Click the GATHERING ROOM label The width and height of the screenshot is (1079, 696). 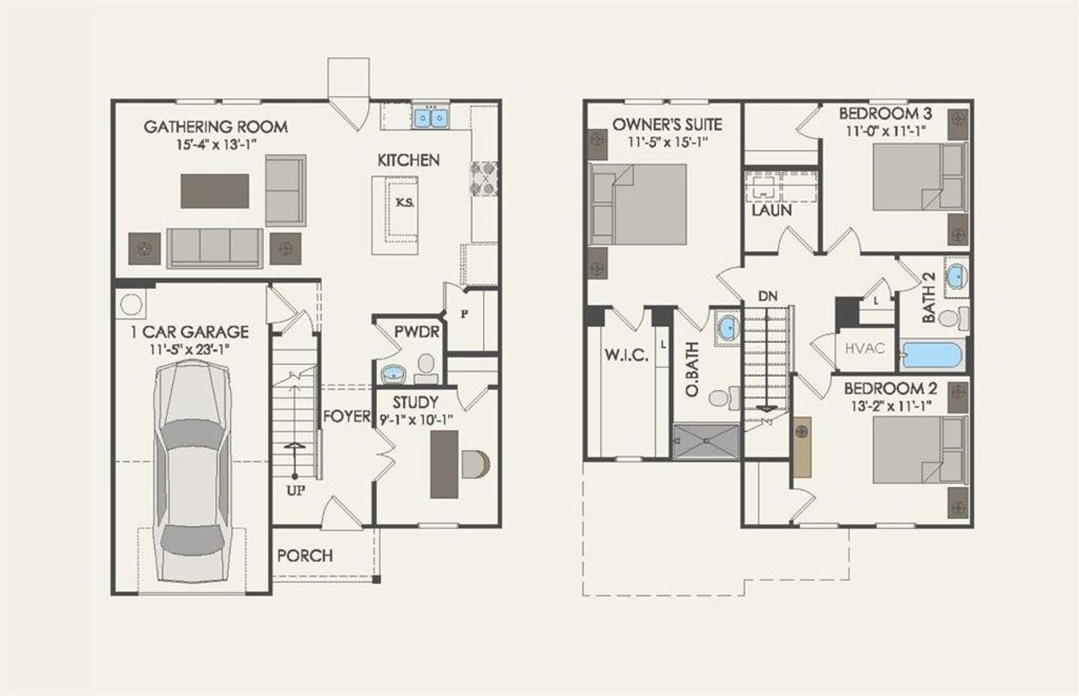[216, 127]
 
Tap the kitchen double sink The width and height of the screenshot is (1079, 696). [430, 117]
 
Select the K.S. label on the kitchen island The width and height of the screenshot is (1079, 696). [405, 203]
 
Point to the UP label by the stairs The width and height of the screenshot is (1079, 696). [295, 489]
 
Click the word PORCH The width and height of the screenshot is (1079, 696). [304, 555]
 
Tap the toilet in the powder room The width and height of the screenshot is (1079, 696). [427, 364]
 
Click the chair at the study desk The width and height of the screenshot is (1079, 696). [475, 464]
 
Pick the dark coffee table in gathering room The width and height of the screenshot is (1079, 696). [215, 190]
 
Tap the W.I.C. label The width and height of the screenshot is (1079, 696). [625, 356]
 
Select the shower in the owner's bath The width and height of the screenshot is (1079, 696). [706, 441]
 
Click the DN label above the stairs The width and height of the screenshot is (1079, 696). [767, 296]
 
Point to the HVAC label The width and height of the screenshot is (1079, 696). [865, 347]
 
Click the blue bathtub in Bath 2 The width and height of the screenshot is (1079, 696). [931, 356]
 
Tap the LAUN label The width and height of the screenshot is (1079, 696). [771, 211]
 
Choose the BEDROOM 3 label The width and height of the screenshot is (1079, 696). [879, 113]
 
